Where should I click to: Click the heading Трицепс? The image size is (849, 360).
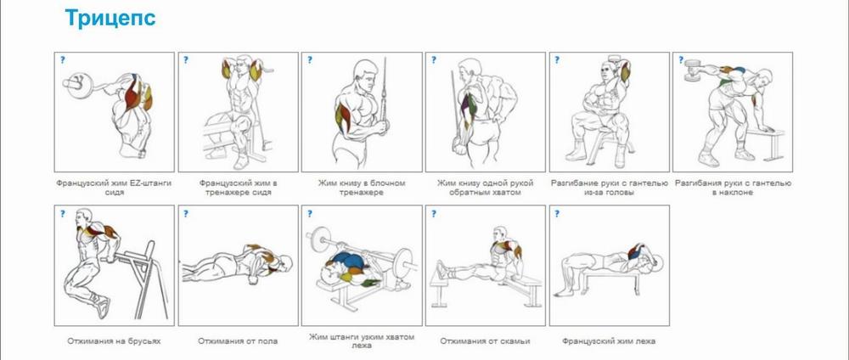pyautogui.click(x=110, y=18)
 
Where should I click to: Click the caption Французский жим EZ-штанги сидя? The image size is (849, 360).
pyautogui.click(x=114, y=188)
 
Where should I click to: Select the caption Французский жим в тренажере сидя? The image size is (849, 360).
pyautogui.click(x=239, y=188)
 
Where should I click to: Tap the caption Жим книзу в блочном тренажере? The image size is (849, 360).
pyautogui.click(x=362, y=188)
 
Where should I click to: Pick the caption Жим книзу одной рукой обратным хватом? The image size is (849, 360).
pyautogui.click(x=485, y=188)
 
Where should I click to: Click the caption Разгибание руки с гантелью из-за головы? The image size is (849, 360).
pyautogui.click(x=609, y=188)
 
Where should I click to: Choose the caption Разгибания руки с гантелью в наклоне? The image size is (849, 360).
pyautogui.click(x=733, y=188)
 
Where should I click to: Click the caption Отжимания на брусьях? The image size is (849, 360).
pyautogui.click(x=114, y=341)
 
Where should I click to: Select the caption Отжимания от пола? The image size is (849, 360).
pyautogui.click(x=238, y=341)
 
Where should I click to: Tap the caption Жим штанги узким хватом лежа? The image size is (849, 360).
pyautogui.click(x=362, y=340)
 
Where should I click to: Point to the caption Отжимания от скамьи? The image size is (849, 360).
pyautogui.click(x=485, y=341)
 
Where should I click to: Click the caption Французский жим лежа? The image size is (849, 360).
pyautogui.click(x=609, y=341)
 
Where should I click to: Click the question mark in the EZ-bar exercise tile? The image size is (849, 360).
pyautogui.click(x=63, y=60)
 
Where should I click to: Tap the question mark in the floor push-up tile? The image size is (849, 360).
pyautogui.click(x=186, y=214)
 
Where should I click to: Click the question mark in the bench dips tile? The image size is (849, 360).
pyautogui.click(x=434, y=214)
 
